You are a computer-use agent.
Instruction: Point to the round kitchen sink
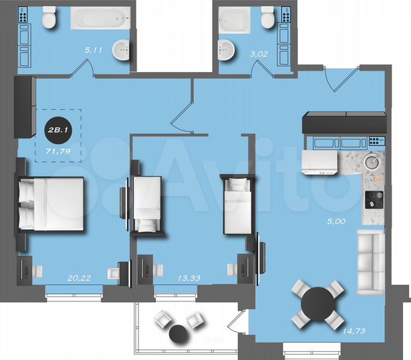(372, 161)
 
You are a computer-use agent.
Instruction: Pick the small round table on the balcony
(179, 334)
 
